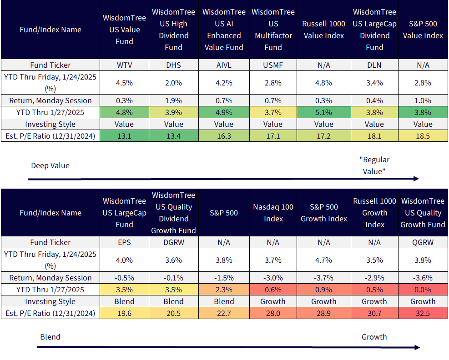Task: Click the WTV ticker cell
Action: coord(124,65)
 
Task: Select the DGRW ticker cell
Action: coord(173,242)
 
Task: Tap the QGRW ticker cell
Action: coord(423,242)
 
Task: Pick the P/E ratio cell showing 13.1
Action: coord(124,136)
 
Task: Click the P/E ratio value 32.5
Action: coord(423,313)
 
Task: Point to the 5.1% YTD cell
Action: coord(324,112)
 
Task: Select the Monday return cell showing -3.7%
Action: coord(324,278)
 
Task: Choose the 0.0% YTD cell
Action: coord(423,290)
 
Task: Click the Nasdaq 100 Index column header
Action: coord(273,213)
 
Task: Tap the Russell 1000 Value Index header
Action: coord(324,30)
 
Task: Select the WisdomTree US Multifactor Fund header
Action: coord(273,30)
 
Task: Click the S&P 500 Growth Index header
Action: coord(324,213)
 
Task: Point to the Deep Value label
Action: coord(50,165)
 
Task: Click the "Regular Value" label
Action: coord(374,165)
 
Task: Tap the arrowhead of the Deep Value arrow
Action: coord(416,179)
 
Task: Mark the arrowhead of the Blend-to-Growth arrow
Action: coord(417,347)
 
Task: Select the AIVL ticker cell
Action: coord(224,65)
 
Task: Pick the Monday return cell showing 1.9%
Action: coord(173,100)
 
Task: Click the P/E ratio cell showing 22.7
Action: coord(224,313)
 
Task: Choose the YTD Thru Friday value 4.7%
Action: coord(324,260)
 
